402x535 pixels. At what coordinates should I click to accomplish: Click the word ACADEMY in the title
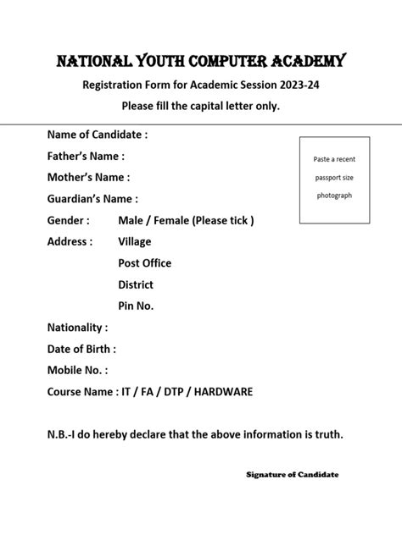pos(297,61)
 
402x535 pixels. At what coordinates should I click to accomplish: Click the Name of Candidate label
pos(98,135)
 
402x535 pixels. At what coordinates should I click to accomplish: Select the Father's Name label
pos(86,156)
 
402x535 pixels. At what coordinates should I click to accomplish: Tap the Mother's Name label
pos(88,177)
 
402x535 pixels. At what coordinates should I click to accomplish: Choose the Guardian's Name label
pos(92,199)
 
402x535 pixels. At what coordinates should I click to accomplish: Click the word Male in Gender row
pos(131,220)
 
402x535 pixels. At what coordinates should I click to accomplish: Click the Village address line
pos(135,241)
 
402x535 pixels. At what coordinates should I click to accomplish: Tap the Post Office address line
pos(144,263)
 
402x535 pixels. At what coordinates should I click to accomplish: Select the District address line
pos(136,284)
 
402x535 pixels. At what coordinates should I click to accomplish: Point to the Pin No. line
pos(136,306)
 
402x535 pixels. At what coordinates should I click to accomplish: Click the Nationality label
pos(77,327)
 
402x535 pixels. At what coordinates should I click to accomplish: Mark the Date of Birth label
pos(81,349)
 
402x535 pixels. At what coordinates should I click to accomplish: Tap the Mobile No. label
pos(77,370)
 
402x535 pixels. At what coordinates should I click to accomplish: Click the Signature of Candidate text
pos(292,475)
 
